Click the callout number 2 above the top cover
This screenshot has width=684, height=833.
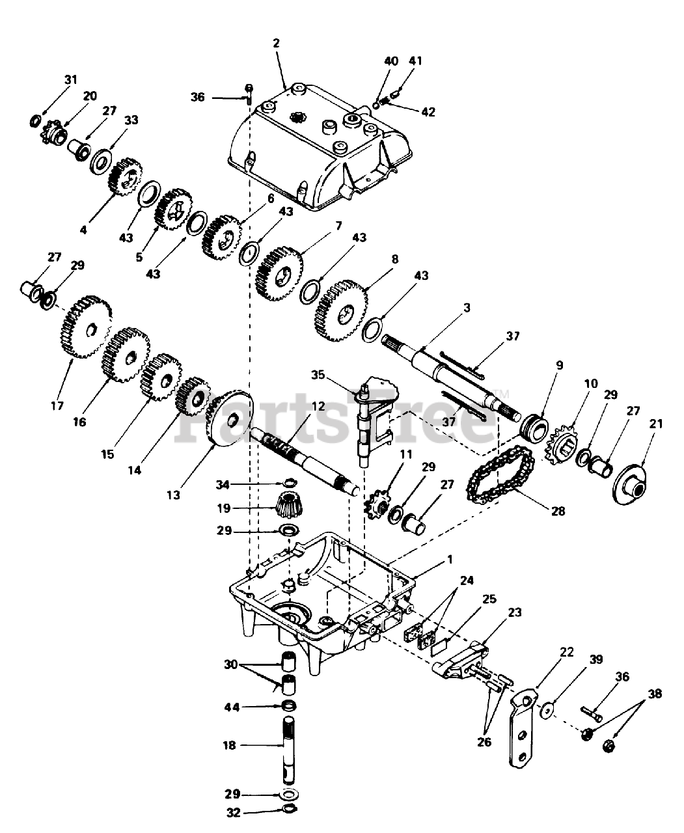pos(276,44)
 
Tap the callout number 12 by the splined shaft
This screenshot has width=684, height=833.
pos(318,406)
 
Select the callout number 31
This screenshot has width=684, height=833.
pos(70,79)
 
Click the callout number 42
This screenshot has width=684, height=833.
pos(428,112)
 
